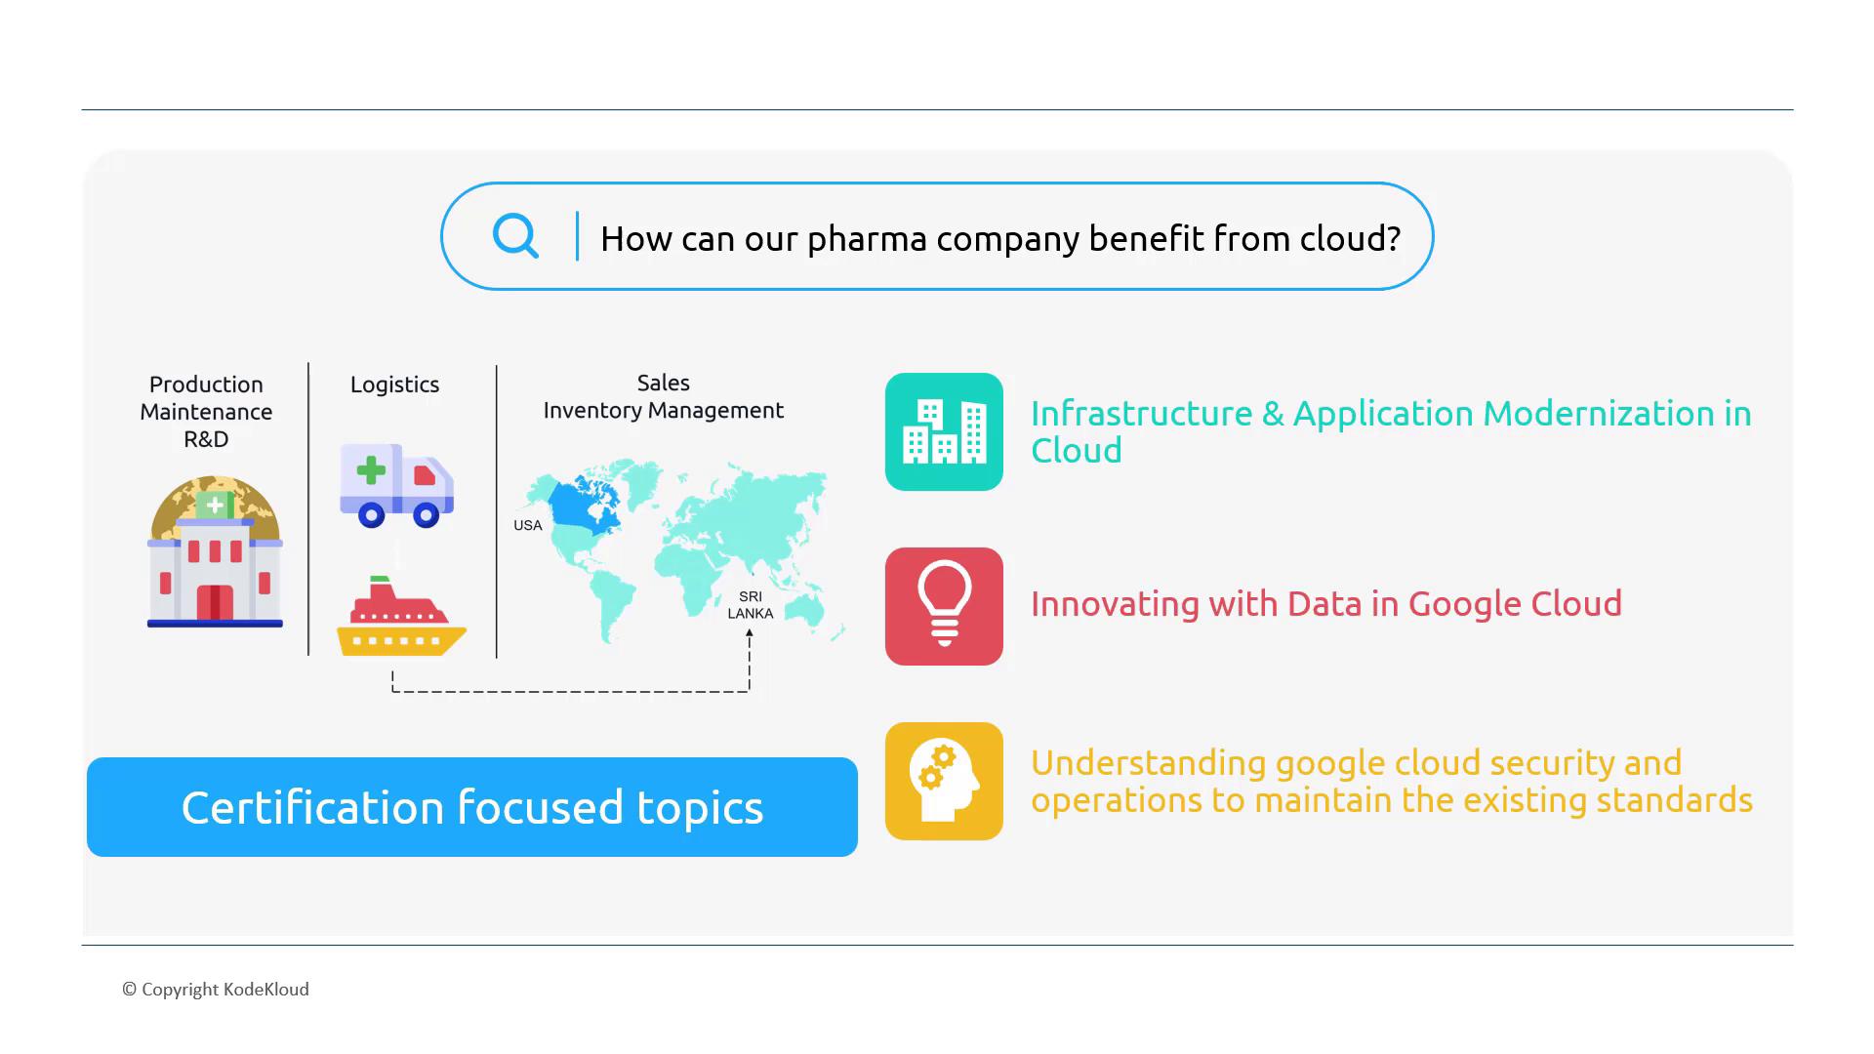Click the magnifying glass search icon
(515, 235)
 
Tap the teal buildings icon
(944, 431)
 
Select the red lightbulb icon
(944, 606)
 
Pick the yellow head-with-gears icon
(944, 781)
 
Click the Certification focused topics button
(472, 807)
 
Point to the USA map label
(527, 525)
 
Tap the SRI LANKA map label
(750, 605)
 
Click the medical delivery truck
(396, 485)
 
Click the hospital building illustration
(215, 552)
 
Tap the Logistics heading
(394, 385)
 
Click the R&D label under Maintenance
(206, 439)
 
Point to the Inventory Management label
(663, 411)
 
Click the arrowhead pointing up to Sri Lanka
(750, 633)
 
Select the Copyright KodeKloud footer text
(216, 990)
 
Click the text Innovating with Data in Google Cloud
(1325, 604)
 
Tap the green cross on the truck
(371, 470)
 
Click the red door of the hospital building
(215, 602)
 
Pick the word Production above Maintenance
(206, 385)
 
